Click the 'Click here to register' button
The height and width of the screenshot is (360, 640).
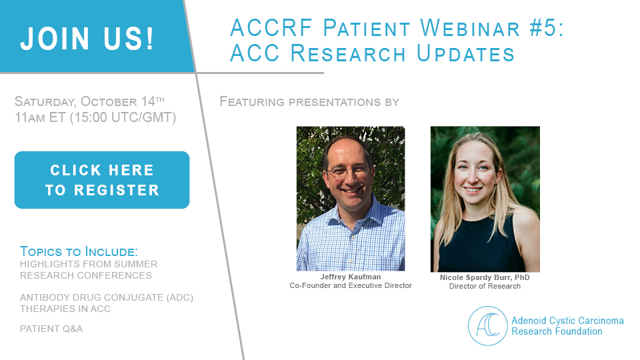[102, 180]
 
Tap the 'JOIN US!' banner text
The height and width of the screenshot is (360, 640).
[87, 39]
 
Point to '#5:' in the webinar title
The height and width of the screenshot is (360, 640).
[546, 28]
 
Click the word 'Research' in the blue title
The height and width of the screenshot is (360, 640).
[348, 53]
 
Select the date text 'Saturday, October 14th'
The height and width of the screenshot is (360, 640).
[89, 101]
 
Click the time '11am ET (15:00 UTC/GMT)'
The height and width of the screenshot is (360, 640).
[95, 117]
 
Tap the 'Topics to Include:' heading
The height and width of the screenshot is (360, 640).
[79, 251]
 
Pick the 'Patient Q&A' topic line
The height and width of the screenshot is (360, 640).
[51, 329]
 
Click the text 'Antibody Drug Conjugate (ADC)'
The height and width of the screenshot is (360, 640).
[107, 297]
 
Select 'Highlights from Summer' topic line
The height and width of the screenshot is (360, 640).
[89, 264]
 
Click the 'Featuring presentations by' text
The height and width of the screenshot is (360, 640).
[309, 101]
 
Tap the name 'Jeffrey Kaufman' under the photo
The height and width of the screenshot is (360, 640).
[351, 277]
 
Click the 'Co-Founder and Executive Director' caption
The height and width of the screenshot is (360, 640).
[351, 286]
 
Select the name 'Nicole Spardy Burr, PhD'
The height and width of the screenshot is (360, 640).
[485, 277]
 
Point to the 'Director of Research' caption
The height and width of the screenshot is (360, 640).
[485, 287]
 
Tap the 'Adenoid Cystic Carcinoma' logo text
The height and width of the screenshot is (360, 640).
[568, 321]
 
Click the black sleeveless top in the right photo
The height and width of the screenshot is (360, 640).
[481, 245]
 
